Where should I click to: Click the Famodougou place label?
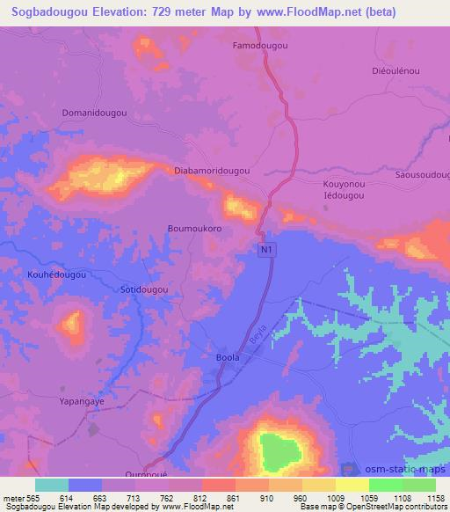[x=261, y=45]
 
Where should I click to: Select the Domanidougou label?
[x=94, y=113]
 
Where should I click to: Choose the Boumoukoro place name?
[x=194, y=228]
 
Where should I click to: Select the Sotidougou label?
[x=142, y=289]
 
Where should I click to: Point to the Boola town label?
[x=227, y=359]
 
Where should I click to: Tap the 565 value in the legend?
[x=25, y=497]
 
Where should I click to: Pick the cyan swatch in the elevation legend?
[x=52, y=485]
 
